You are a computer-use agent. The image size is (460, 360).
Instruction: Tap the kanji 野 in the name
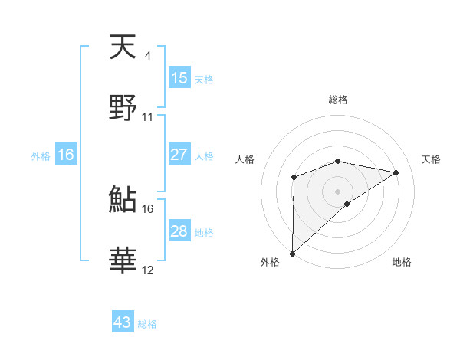(x=123, y=107)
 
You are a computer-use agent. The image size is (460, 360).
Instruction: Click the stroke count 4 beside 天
(x=147, y=56)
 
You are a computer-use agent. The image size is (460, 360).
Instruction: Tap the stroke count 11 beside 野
(x=148, y=116)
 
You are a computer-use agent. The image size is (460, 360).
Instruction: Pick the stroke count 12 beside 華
(x=148, y=270)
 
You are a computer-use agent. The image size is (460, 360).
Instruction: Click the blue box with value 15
(x=179, y=78)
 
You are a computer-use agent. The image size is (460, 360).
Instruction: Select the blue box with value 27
(x=179, y=155)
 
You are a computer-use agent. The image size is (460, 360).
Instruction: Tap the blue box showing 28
(x=179, y=231)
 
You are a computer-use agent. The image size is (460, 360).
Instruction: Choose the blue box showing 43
(x=123, y=322)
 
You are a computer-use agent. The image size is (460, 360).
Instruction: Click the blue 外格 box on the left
(x=66, y=155)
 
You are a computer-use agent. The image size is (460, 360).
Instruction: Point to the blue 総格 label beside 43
(x=147, y=324)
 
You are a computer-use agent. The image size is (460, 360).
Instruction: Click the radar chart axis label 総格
(x=338, y=100)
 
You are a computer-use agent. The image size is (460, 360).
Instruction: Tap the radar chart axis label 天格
(x=431, y=159)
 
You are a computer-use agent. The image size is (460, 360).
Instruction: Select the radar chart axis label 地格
(x=402, y=262)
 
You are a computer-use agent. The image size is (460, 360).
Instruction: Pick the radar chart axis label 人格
(x=245, y=159)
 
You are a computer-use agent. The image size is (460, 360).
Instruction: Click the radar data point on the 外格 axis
(x=292, y=253)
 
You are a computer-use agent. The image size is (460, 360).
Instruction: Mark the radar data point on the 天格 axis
(x=396, y=172)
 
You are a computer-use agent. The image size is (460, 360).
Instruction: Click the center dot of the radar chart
(x=338, y=191)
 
